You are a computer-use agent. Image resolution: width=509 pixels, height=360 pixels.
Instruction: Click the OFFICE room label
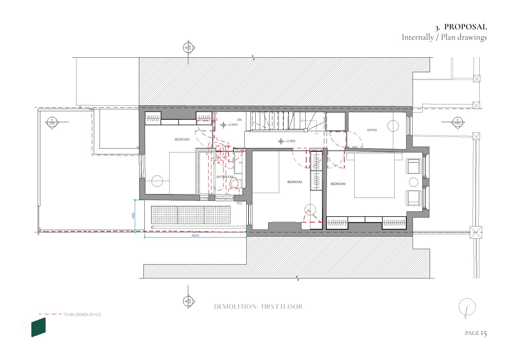tap(372, 130)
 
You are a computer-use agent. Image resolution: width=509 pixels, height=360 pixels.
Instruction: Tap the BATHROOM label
tap(224, 177)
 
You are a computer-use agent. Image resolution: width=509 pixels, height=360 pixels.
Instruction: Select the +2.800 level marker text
tap(233, 125)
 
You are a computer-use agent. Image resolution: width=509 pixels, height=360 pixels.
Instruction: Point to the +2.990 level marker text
tap(290, 141)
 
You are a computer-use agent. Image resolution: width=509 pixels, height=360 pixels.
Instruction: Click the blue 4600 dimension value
tap(195, 236)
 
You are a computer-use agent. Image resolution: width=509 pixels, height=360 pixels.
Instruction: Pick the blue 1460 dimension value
tap(133, 216)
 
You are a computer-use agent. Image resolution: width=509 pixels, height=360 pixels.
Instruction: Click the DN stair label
tap(239, 120)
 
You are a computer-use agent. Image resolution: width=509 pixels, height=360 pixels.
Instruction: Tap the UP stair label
tap(316, 134)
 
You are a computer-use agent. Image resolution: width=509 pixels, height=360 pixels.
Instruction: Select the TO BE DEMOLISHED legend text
tap(82, 315)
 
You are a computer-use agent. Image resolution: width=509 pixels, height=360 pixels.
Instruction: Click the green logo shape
tap(38, 327)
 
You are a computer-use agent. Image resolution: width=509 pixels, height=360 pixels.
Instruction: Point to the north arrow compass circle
tap(467, 307)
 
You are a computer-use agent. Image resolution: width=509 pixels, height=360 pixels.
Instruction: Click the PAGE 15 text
tap(476, 333)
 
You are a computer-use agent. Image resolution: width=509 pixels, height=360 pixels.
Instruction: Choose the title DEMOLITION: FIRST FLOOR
tap(258, 306)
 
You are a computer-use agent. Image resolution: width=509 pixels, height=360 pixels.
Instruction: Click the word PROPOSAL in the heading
tap(465, 27)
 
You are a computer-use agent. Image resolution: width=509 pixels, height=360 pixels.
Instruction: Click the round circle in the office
tap(393, 126)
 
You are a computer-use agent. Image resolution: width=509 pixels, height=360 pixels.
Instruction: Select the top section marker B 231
tap(189, 48)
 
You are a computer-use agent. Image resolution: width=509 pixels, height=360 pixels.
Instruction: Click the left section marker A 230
tap(52, 123)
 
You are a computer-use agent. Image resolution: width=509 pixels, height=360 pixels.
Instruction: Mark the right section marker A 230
tap(457, 123)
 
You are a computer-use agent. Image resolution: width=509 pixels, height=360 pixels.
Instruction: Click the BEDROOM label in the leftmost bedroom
tap(182, 140)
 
